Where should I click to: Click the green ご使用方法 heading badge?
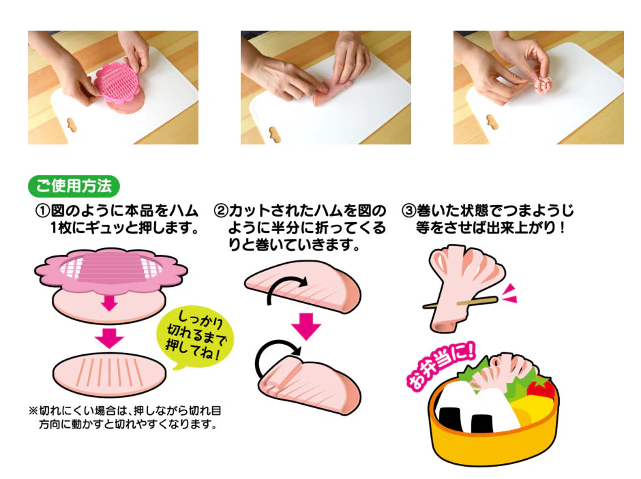click(x=74, y=185)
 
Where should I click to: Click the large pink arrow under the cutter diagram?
click(x=109, y=337)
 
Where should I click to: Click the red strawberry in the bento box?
click(x=542, y=388)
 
